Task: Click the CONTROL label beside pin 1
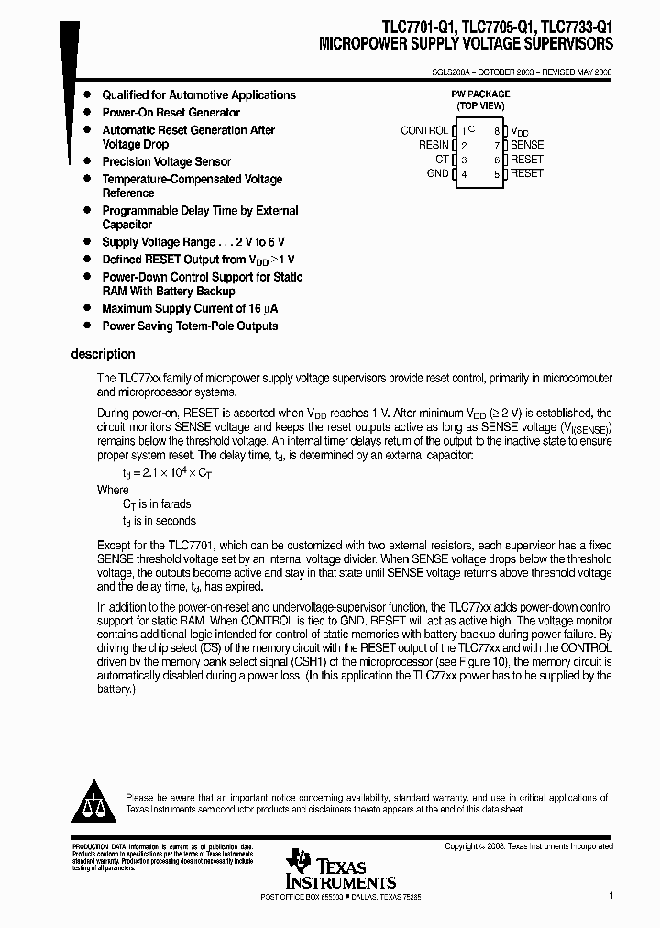point(423,131)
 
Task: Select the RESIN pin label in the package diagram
point(434,145)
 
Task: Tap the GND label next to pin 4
point(437,173)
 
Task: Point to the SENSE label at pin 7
point(527,145)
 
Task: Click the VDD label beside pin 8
point(519,131)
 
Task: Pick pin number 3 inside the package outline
point(465,160)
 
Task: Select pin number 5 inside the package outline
point(496,173)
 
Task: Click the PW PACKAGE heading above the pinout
point(480,94)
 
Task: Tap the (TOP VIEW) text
point(480,106)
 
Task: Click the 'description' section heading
point(103,354)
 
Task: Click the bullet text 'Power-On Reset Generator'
point(170,113)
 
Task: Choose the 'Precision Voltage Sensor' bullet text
point(166,162)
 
